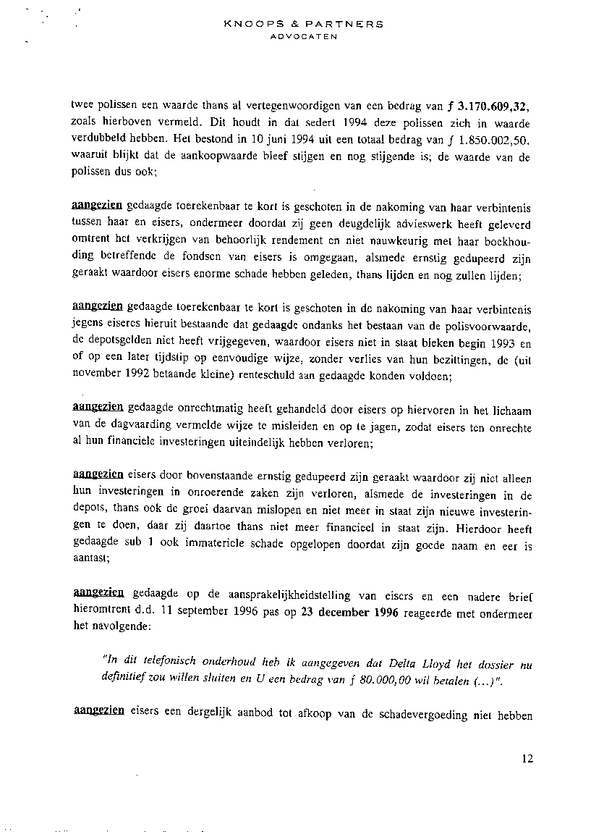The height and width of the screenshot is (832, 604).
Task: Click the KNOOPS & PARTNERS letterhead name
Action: click(x=304, y=24)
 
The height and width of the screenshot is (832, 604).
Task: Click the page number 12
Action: click(x=526, y=759)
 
